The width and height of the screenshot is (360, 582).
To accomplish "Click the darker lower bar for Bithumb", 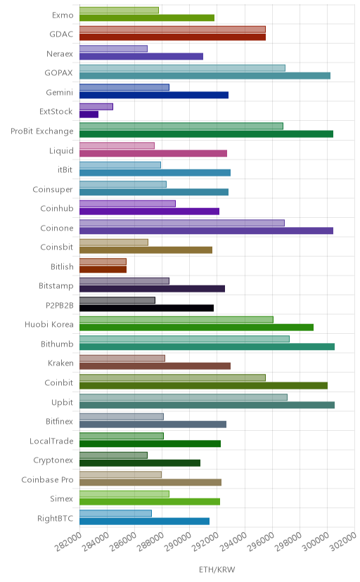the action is pyautogui.click(x=207, y=347).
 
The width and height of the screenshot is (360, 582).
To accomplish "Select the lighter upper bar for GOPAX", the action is pyautogui.click(x=182, y=68).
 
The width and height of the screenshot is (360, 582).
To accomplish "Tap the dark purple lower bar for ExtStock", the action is pyautogui.click(x=89, y=115).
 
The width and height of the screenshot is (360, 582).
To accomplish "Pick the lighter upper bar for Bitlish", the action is pyautogui.click(x=103, y=261).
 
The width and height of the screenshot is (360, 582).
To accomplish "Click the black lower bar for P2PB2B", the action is pyautogui.click(x=146, y=308).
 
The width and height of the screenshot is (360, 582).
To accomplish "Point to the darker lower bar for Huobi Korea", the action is pyautogui.click(x=196, y=328).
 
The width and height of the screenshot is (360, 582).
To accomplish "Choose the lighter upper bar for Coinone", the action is pyautogui.click(x=182, y=223).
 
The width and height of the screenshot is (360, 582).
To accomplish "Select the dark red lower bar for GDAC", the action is pyautogui.click(x=172, y=37).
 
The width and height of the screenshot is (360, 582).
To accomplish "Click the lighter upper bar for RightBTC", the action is pyautogui.click(x=115, y=513).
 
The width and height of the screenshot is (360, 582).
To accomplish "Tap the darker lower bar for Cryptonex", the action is pyautogui.click(x=139, y=463).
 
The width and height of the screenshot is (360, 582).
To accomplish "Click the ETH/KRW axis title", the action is pyautogui.click(x=217, y=569).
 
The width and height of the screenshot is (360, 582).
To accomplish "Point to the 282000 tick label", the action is pyautogui.click(x=68, y=542).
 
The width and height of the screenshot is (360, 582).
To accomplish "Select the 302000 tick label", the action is pyautogui.click(x=343, y=542).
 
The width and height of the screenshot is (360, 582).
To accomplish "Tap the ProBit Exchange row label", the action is pyautogui.click(x=42, y=131).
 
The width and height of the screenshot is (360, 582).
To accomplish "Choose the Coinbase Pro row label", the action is pyautogui.click(x=47, y=479).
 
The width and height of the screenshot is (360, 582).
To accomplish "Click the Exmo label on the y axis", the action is pyautogui.click(x=63, y=15).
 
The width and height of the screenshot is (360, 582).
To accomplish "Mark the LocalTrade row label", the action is pyautogui.click(x=51, y=441).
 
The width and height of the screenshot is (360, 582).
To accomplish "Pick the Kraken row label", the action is pyautogui.click(x=60, y=363).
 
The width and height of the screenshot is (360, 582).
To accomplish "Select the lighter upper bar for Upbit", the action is pyautogui.click(x=184, y=397).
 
